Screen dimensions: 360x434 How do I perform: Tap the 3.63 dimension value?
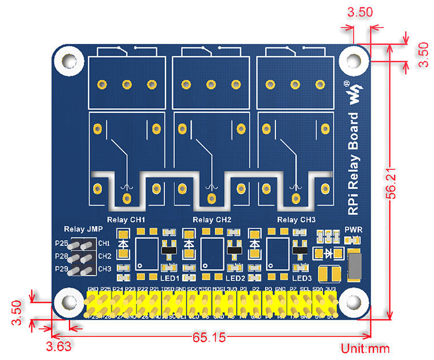coord(58,347)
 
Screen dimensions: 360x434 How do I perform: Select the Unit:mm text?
coord(365,348)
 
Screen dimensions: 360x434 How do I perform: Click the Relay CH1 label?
coord(126,220)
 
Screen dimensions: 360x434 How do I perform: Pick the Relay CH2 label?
coord(212,220)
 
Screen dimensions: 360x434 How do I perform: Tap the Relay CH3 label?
coord(297,220)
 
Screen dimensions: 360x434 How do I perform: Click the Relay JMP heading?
coord(80,229)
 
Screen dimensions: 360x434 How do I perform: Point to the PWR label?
coord(353,229)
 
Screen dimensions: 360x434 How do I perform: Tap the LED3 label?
coord(302,278)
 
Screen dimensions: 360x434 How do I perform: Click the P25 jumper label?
coord(61,244)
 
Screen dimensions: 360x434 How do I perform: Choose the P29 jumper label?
coord(61,269)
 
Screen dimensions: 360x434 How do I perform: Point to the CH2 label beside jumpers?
coord(105,256)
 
